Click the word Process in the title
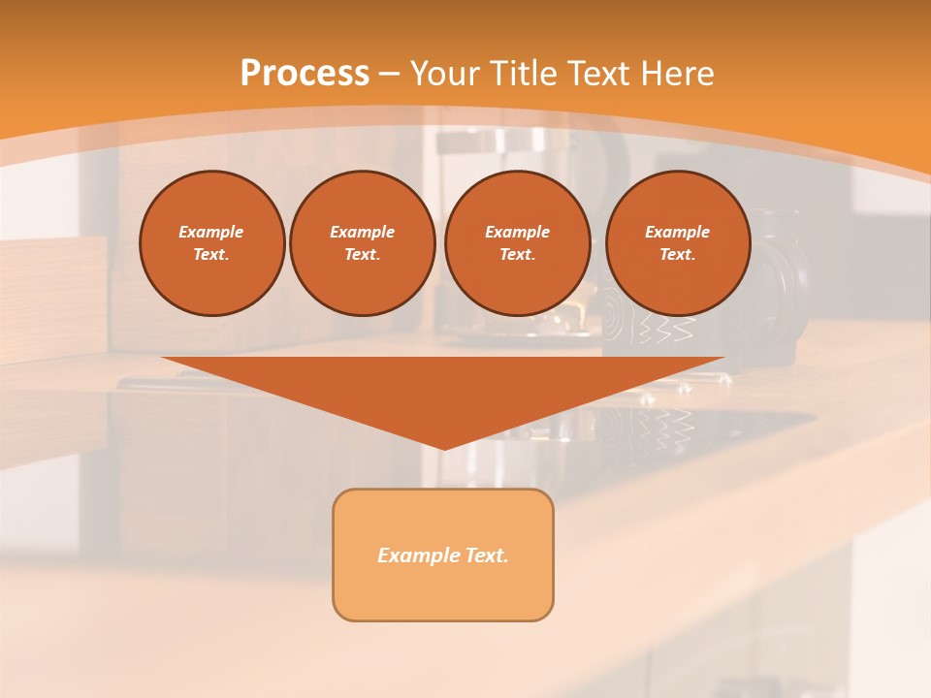(305, 74)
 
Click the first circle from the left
(212, 243)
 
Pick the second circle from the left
(363, 243)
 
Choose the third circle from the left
(518, 243)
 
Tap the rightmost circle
(678, 243)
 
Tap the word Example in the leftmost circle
(211, 232)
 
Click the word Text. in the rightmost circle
(678, 255)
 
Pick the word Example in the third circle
(518, 232)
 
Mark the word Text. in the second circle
(363, 255)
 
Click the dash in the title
(390, 74)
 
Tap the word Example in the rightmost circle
(678, 232)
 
